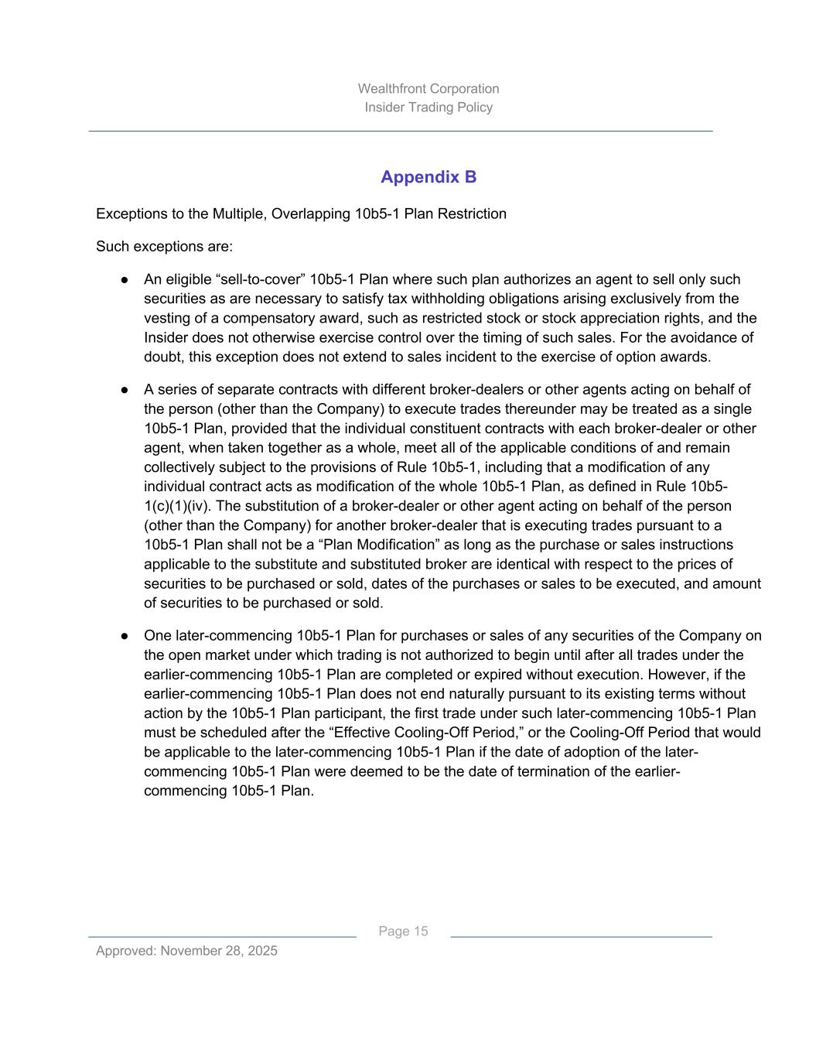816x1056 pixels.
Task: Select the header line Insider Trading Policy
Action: (x=428, y=108)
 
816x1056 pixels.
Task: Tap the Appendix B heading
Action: (x=428, y=177)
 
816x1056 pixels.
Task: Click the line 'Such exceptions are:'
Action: (x=164, y=247)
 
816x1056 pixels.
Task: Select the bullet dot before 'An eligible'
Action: (x=124, y=280)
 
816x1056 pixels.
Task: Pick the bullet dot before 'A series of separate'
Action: (x=124, y=390)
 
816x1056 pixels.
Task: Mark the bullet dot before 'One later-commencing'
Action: (x=124, y=636)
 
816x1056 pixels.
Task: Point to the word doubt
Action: (x=162, y=357)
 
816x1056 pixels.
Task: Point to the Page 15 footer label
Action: (x=403, y=931)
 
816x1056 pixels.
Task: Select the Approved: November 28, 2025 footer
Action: (x=186, y=951)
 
